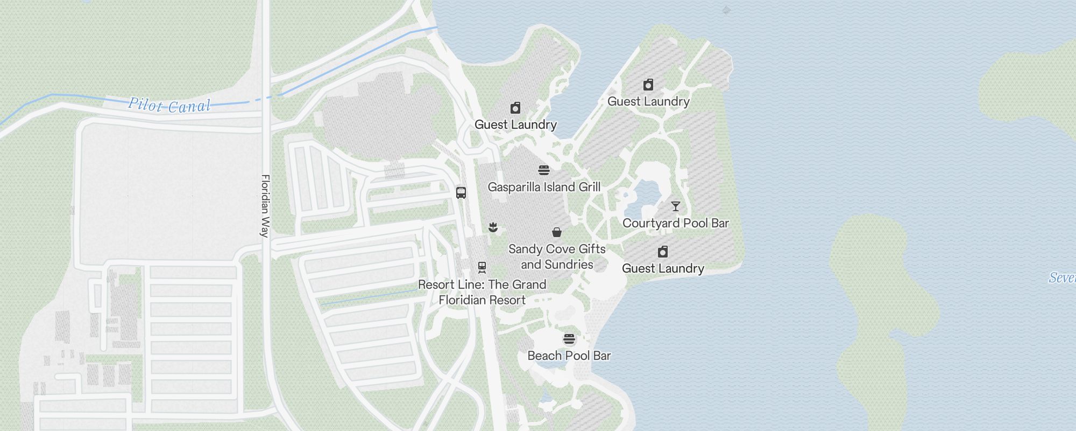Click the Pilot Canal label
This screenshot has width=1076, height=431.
(169, 105)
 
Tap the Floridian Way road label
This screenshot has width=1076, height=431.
(265, 205)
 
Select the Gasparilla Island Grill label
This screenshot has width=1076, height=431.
(544, 187)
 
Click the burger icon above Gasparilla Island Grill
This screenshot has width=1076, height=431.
(544, 171)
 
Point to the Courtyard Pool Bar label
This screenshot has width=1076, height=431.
(675, 223)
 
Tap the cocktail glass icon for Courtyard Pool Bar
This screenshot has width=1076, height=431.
(676, 206)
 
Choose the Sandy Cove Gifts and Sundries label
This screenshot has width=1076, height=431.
(557, 256)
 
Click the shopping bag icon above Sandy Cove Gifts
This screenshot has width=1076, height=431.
(557, 233)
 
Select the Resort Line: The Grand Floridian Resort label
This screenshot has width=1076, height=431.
(482, 292)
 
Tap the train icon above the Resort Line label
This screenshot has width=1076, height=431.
(482, 268)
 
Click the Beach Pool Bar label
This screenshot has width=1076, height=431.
(569, 356)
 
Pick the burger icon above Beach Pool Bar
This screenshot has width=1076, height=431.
(569, 339)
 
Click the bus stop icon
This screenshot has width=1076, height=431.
(461, 193)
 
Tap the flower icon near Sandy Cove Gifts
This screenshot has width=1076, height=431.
(493, 228)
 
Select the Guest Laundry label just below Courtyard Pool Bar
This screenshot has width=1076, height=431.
(663, 268)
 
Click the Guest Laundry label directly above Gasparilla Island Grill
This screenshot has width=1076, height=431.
(515, 124)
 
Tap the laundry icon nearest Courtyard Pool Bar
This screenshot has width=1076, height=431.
(663, 252)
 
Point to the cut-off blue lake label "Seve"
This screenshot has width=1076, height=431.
(1062, 277)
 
